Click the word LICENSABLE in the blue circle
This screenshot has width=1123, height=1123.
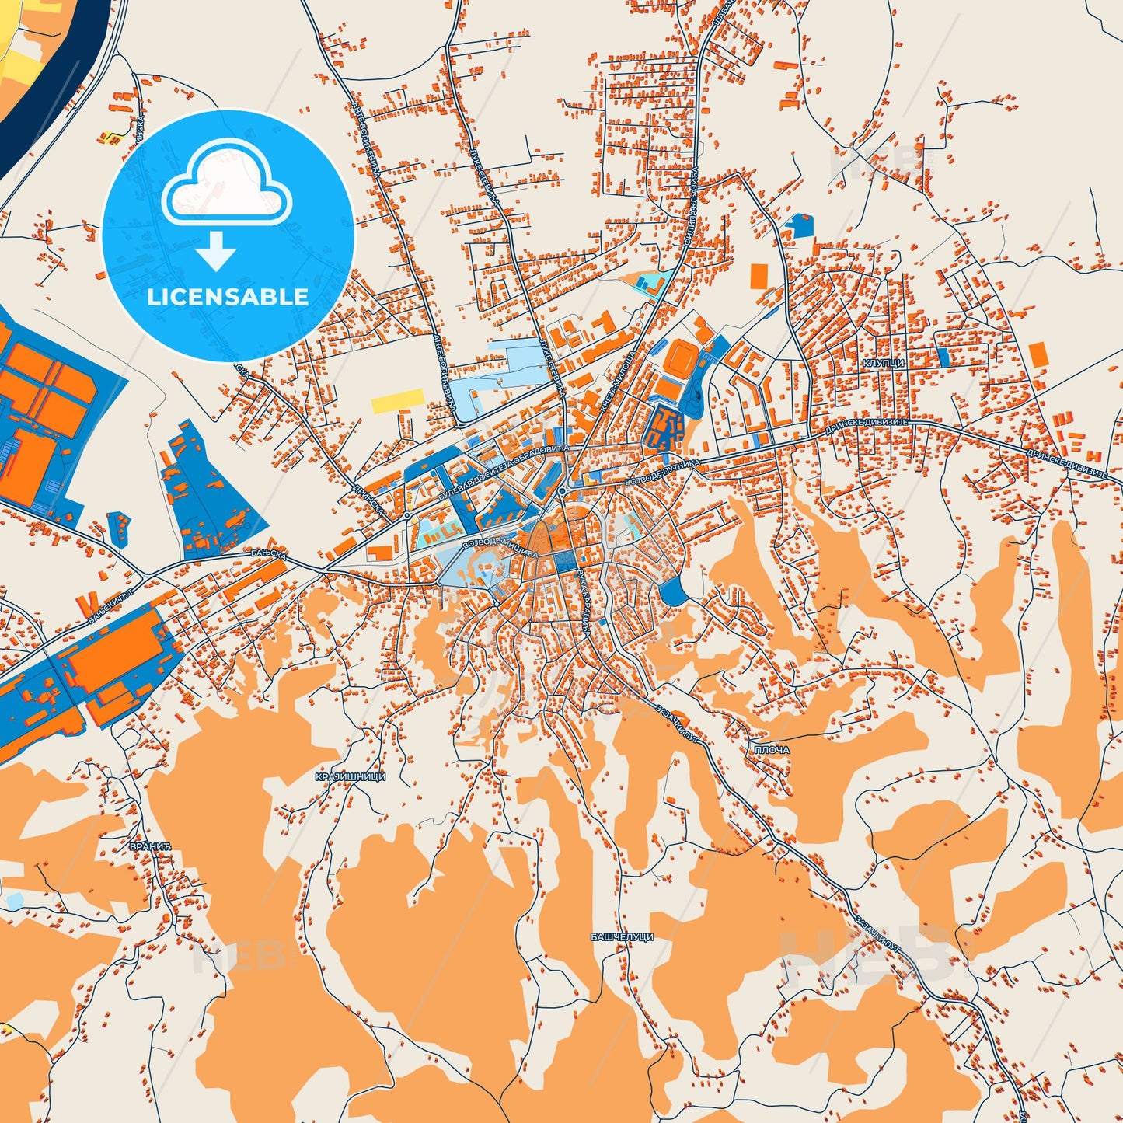228,297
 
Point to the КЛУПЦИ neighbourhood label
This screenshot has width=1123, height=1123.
882,363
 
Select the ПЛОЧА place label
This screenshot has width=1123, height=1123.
771,750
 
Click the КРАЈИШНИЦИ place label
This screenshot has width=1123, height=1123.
351,776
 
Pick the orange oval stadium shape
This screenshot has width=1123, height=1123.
682,357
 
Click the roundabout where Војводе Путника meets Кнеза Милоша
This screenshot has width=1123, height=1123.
560,491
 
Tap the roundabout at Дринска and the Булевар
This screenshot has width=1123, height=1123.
406,514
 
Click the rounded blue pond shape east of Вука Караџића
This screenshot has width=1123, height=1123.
673,592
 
